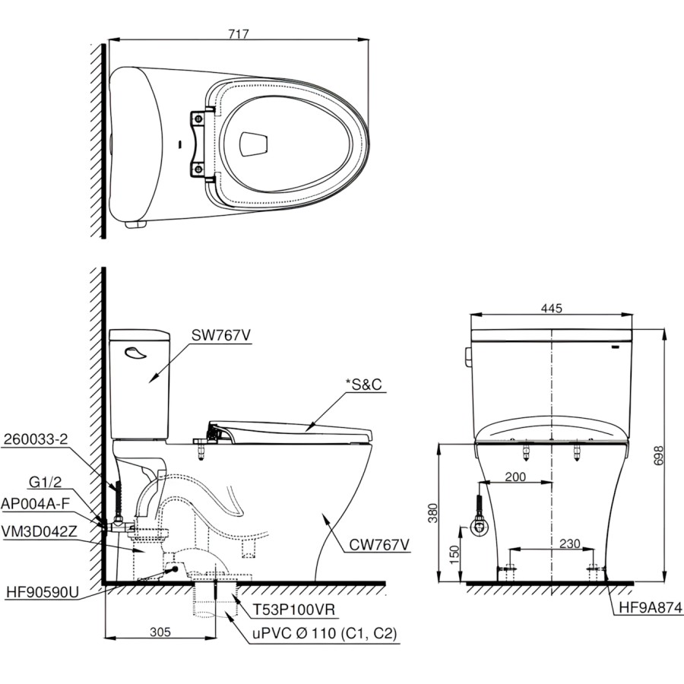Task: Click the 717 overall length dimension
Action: click(239, 34)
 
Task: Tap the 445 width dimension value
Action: click(552, 309)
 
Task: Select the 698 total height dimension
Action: click(658, 455)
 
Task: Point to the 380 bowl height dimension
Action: click(432, 514)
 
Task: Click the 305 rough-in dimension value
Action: click(160, 632)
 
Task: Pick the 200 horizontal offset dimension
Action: click(515, 477)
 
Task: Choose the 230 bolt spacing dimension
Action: click(570, 543)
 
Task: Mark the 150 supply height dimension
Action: click(454, 555)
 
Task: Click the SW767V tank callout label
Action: click(221, 335)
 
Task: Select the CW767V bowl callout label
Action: click(379, 544)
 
